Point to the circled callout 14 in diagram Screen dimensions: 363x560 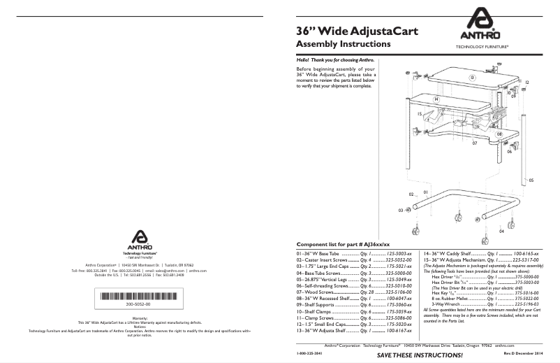click(x=436, y=100)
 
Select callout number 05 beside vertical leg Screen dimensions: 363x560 click(x=531, y=180)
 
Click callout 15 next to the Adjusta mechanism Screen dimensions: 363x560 click(x=419, y=114)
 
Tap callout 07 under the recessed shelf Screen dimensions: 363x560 click(x=473, y=142)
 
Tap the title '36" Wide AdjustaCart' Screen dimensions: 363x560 click(x=342, y=31)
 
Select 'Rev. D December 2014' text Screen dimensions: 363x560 click(x=522, y=355)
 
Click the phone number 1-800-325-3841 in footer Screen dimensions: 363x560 click(x=311, y=355)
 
